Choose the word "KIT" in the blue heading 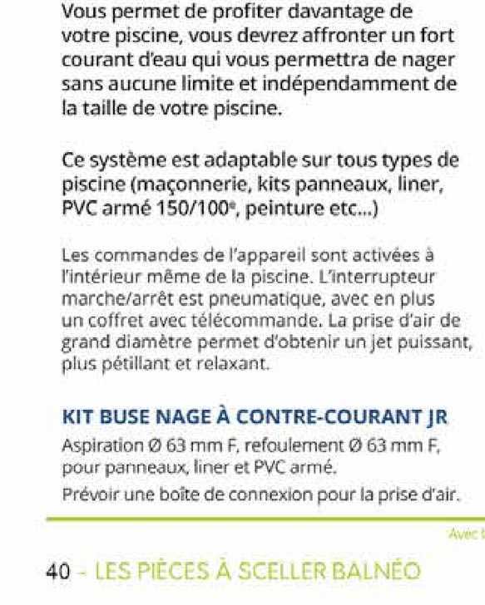pos(76,416)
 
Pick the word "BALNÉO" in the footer pos(376,573)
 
